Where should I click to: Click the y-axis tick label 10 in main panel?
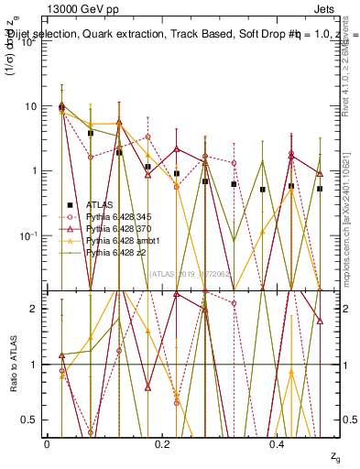pyautogui.click(x=31, y=106)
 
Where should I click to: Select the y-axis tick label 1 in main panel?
pyautogui.click(x=34, y=171)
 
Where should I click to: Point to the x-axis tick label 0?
pyautogui.click(x=47, y=443)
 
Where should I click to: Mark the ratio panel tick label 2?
pyautogui.click(x=35, y=309)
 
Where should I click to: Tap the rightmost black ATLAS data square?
pyautogui.click(x=320, y=189)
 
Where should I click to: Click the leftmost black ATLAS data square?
pyautogui.click(x=61, y=107)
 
